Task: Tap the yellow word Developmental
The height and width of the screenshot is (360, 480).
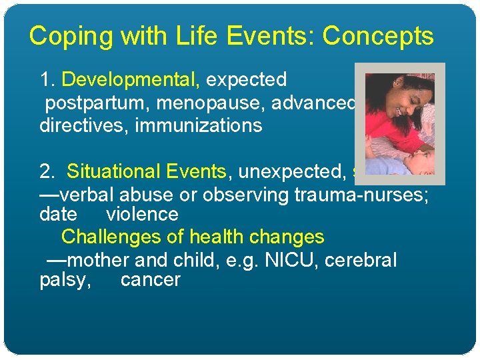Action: (131, 80)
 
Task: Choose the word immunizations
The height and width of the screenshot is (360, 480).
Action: (199, 125)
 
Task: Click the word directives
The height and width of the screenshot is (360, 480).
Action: (84, 125)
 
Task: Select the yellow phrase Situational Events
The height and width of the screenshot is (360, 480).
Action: (147, 171)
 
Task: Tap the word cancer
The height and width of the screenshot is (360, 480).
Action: (150, 280)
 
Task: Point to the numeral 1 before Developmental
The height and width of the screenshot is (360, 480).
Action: (45, 80)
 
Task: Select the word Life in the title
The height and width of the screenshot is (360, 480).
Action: (198, 36)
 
